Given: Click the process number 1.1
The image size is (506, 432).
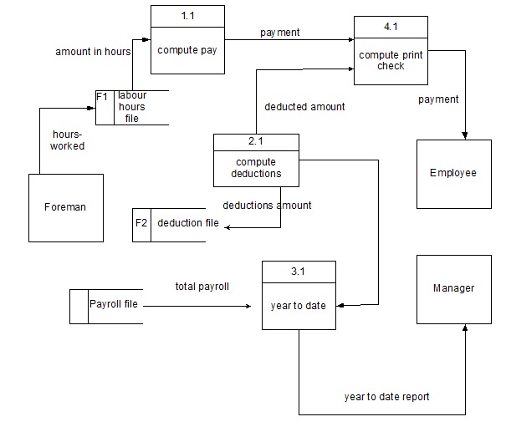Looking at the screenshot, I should [x=187, y=15].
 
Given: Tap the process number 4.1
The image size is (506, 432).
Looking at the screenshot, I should [x=391, y=28].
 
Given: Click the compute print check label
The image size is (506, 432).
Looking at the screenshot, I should [x=391, y=61].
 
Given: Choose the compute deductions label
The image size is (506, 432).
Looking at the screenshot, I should [x=256, y=168].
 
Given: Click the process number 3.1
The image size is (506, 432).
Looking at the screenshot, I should [x=298, y=272].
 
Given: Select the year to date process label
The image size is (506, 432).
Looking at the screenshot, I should [x=299, y=306].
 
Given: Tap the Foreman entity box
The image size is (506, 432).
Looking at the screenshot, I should [x=66, y=208].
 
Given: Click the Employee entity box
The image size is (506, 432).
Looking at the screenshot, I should [x=453, y=173].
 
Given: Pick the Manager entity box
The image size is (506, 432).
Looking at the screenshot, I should [x=453, y=288].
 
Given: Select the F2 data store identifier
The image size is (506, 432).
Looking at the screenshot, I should [x=141, y=223].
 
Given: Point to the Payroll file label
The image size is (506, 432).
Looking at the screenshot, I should [x=114, y=304].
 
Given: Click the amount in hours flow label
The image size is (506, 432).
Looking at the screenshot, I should [x=94, y=52].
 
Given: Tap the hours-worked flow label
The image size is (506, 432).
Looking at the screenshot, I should [x=69, y=140].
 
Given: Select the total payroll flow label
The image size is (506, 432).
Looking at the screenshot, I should [x=202, y=287].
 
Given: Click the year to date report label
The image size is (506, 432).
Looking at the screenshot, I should [x=387, y=397].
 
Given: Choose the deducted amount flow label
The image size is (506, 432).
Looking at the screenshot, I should [x=304, y=107].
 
